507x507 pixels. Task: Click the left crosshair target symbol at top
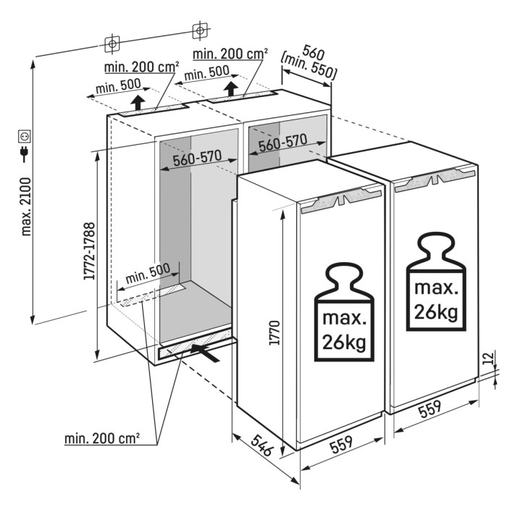click(112, 43)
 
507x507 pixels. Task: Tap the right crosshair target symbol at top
click(198, 31)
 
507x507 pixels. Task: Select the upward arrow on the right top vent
click(231, 88)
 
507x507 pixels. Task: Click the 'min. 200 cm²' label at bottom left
click(101, 438)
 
